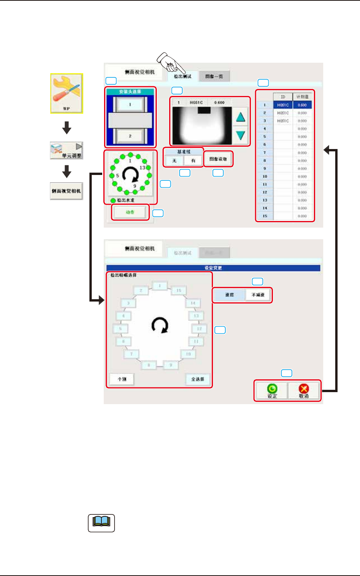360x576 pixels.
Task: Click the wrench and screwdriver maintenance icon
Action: click(67, 93)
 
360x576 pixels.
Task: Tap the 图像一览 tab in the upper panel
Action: click(214, 76)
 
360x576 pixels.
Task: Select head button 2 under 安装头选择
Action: click(130, 136)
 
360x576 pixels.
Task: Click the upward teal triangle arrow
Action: click(240, 117)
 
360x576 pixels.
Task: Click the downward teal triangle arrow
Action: click(240, 135)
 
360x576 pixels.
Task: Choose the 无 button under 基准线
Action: click(174, 160)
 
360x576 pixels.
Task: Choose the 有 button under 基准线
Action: click(193, 160)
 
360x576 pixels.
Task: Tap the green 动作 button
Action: click(130, 212)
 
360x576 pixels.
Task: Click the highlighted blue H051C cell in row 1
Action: click(283, 105)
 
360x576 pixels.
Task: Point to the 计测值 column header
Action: click(302, 97)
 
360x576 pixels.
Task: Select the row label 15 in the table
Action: click(265, 216)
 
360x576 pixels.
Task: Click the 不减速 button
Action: click(258, 295)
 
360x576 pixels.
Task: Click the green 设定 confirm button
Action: click(272, 390)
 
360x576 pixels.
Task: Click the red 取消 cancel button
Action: click(304, 390)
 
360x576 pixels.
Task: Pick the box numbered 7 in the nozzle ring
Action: click(132, 354)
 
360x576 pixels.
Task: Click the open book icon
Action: click(101, 523)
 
